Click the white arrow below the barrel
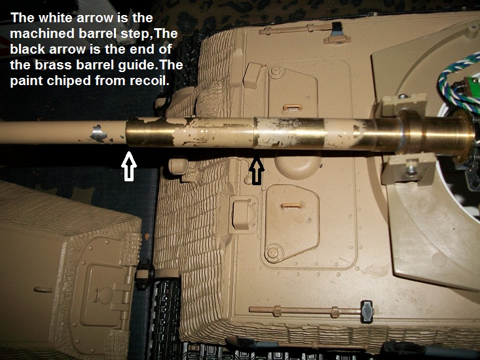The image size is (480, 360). click(129, 166)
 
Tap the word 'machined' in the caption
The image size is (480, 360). click(42, 33)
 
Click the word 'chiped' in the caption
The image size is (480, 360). click(69, 81)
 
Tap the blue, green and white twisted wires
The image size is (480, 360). click(457, 80)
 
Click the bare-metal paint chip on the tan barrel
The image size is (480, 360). click(99, 134)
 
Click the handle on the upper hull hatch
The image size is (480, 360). click(293, 107)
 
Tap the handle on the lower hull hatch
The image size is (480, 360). click(292, 206)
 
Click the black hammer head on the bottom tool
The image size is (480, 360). click(367, 312)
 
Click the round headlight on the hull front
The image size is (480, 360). click(179, 166)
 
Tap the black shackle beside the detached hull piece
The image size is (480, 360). click(144, 274)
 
